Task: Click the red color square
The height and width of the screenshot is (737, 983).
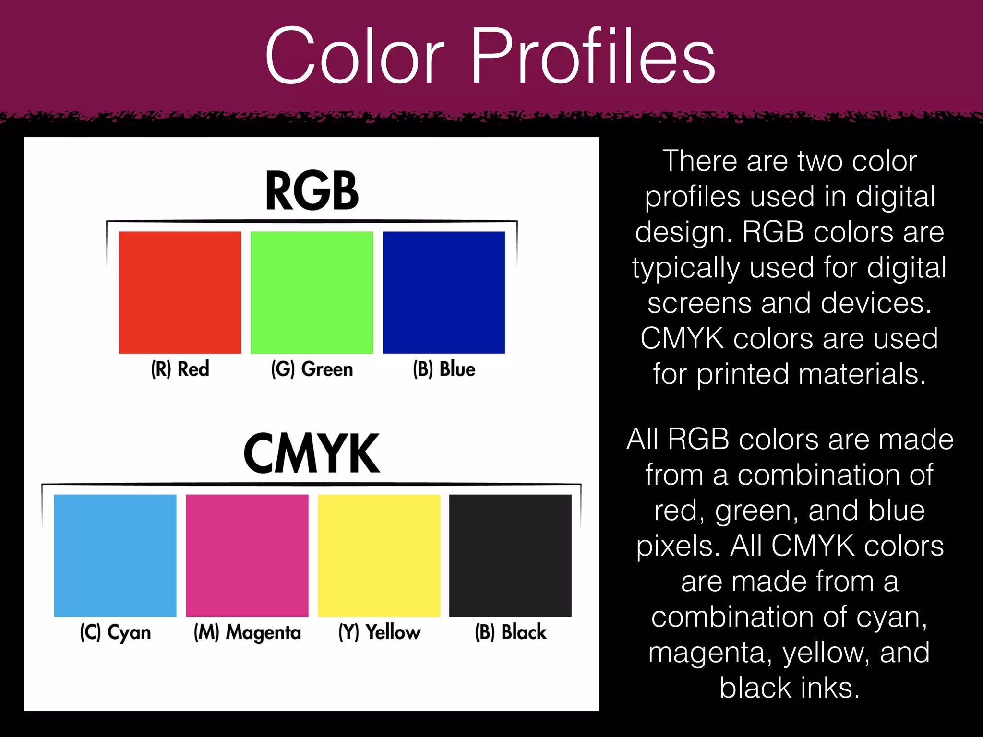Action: pyautogui.click(x=180, y=292)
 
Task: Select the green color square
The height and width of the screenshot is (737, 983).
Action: pyautogui.click(x=312, y=292)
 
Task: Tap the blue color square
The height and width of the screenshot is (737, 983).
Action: pyautogui.click(x=444, y=292)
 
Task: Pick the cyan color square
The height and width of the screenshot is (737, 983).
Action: pyautogui.click(x=115, y=555)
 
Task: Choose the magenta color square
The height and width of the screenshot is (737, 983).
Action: pyautogui.click(x=247, y=555)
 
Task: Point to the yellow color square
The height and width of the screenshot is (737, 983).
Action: pyautogui.click(x=379, y=555)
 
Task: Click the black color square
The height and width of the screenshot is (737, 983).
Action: pyautogui.click(x=510, y=555)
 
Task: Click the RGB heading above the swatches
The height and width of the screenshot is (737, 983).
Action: pyautogui.click(x=312, y=191)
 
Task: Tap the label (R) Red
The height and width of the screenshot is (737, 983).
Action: pyautogui.click(x=180, y=369)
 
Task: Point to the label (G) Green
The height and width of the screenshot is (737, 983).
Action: pyautogui.click(x=312, y=369)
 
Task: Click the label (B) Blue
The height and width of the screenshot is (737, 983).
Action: pyautogui.click(x=444, y=369)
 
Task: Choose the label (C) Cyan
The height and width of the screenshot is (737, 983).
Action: pyautogui.click(x=115, y=632)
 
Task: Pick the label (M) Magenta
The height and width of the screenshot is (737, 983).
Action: pyautogui.click(x=247, y=632)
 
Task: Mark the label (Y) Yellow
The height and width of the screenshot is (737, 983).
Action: pyautogui.click(x=379, y=632)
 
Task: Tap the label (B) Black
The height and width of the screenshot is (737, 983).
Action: pyautogui.click(x=511, y=632)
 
